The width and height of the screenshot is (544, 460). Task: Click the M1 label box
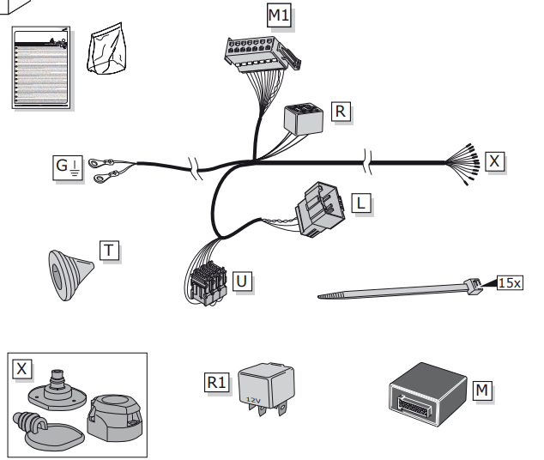click(x=280, y=15)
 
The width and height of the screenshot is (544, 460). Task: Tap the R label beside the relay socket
click(x=341, y=111)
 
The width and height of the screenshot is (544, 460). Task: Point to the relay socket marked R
click(x=303, y=118)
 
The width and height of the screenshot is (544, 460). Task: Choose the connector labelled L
click(x=319, y=209)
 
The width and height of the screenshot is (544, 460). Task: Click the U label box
click(x=243, y=280)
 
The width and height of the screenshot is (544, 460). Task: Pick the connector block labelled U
click(x=206, y=282)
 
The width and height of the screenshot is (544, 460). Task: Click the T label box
click(x=109, y=251)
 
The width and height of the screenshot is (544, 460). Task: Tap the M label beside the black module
click(x=484, y=391)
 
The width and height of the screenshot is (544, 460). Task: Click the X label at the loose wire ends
click(x=495, y=160)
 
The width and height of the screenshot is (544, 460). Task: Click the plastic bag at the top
click(x=110, y=53)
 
